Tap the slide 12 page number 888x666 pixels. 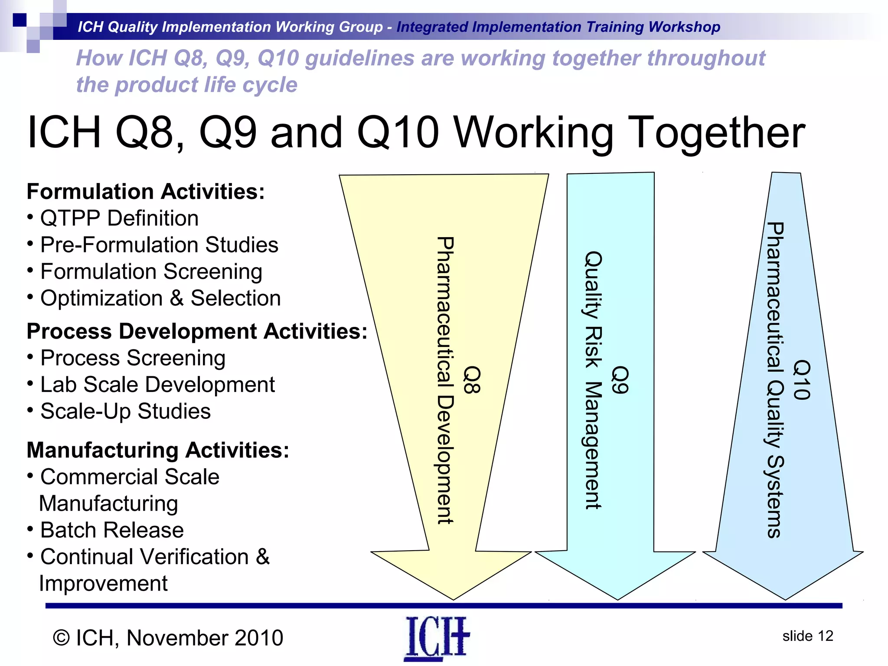(x=807, y=636)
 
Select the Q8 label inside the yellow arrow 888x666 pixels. (x=472, y=379)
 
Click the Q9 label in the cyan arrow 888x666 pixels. (x=620, y=379)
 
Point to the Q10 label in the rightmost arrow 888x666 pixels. (x=801, y=379)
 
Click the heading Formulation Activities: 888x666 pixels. (x=146, y=192)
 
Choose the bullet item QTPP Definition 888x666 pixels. (x=119, y=218)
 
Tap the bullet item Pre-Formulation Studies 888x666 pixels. (x=159, y=245)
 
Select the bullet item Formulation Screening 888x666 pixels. (x=151, y=272)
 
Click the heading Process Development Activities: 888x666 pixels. (x=197, y=331)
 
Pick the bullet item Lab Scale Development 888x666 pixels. (x=157, y=385)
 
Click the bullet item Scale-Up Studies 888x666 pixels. (x=125, y=411)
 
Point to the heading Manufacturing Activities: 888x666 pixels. (x=158, y=450)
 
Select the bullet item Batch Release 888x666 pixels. (x=112, y=530)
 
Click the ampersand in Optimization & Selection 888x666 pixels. (x=176, y=299)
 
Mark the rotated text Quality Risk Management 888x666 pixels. (x=593, y=379)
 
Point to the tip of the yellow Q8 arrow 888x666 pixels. (x=454, y=599)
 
